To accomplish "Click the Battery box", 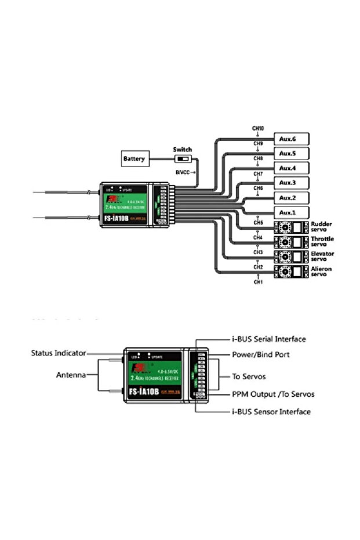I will pyautogui.click(x=134, y=158).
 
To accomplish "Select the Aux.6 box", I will pyautogui.click(x=288, y=139).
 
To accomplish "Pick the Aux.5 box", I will pyautogui.click(x=288, y=154).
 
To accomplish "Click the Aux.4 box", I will pyautogui.click(x=288, y=168).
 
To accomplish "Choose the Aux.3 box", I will pyautogui.click(x=288, y=183).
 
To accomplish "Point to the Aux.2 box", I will pyautogui.click(x=288, y=198).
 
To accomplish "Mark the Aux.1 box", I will pyautogui.click(x=288, y=212).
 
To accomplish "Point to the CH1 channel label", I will pyautogui.click(x=258, y=282).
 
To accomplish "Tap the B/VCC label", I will pyautogui.click(x=185, y=172).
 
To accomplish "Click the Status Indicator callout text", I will pyautogui.click(x=59, y=353).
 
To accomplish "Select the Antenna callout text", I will pyautogui.click(x=71, y=375).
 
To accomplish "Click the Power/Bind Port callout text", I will pyautogui.click(x=261, y=354).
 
